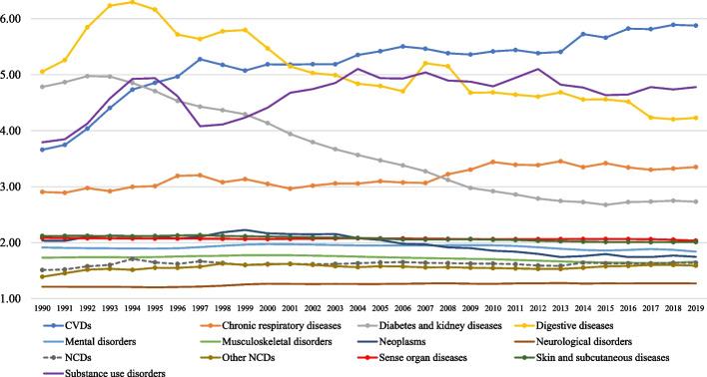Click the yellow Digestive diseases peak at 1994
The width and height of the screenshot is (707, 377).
tap(132, 2)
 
